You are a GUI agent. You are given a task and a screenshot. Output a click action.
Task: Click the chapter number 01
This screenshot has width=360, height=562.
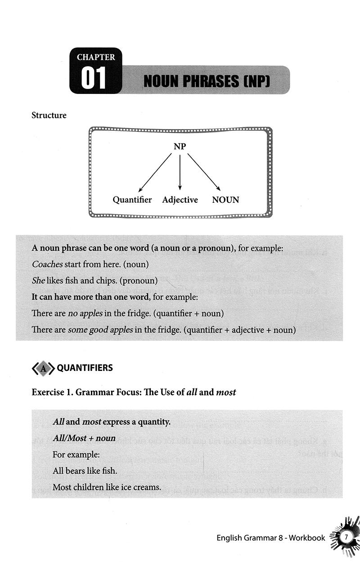click(x=93, y=78)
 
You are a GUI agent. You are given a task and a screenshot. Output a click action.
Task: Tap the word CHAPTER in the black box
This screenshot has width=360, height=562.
click(x=96, y=57)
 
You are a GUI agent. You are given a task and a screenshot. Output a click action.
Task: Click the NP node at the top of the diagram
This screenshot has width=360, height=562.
click(x=180, y=147)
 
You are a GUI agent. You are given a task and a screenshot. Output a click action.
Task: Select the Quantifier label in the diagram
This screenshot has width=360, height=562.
click(x=132, y=200)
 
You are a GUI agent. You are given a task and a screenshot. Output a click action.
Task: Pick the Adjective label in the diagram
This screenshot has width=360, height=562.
click(x=180, y=200)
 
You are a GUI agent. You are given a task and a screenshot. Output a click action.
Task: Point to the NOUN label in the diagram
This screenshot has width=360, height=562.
click(x=225, y=200)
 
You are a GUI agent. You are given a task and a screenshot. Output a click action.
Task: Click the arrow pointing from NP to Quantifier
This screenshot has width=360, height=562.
click(x=155, y=173)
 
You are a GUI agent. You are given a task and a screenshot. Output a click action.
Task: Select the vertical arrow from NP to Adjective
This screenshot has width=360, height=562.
click(x=180, y=173)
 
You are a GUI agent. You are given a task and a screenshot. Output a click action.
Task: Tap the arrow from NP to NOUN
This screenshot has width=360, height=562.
click(x=204, y=173)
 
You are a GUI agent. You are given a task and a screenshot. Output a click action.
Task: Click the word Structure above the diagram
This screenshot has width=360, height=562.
click(x=49, y=115)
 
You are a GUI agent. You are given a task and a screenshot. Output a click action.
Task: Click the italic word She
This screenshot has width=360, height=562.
click(x=38, y=281)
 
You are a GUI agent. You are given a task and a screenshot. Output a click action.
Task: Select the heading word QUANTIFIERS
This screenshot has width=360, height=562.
click(x=85, y=368)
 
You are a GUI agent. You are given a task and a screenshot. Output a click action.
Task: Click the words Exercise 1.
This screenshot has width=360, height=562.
click(x=51, y=392)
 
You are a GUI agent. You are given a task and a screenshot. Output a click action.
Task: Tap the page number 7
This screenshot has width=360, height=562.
click(x=346, y=537)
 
